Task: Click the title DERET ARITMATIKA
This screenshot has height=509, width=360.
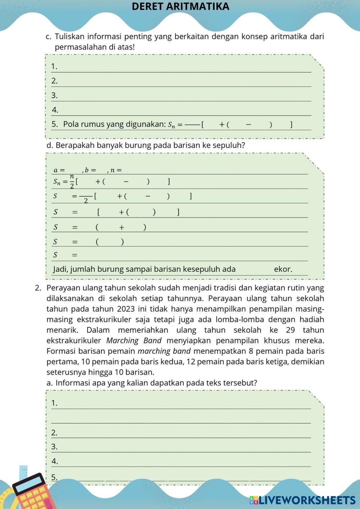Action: (x=180, y=6)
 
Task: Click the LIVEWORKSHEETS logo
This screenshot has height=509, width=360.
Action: (x=303, y=500)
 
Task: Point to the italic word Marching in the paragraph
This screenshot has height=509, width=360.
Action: (x=122, y=341)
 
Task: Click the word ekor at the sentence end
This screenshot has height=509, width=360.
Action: (x=283, y=269)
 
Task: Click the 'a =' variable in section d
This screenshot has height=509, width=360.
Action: (x=59, y=170)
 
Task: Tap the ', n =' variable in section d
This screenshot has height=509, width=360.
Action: (x=115, y=170)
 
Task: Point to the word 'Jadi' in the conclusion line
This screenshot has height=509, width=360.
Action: (x=60, y=269)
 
